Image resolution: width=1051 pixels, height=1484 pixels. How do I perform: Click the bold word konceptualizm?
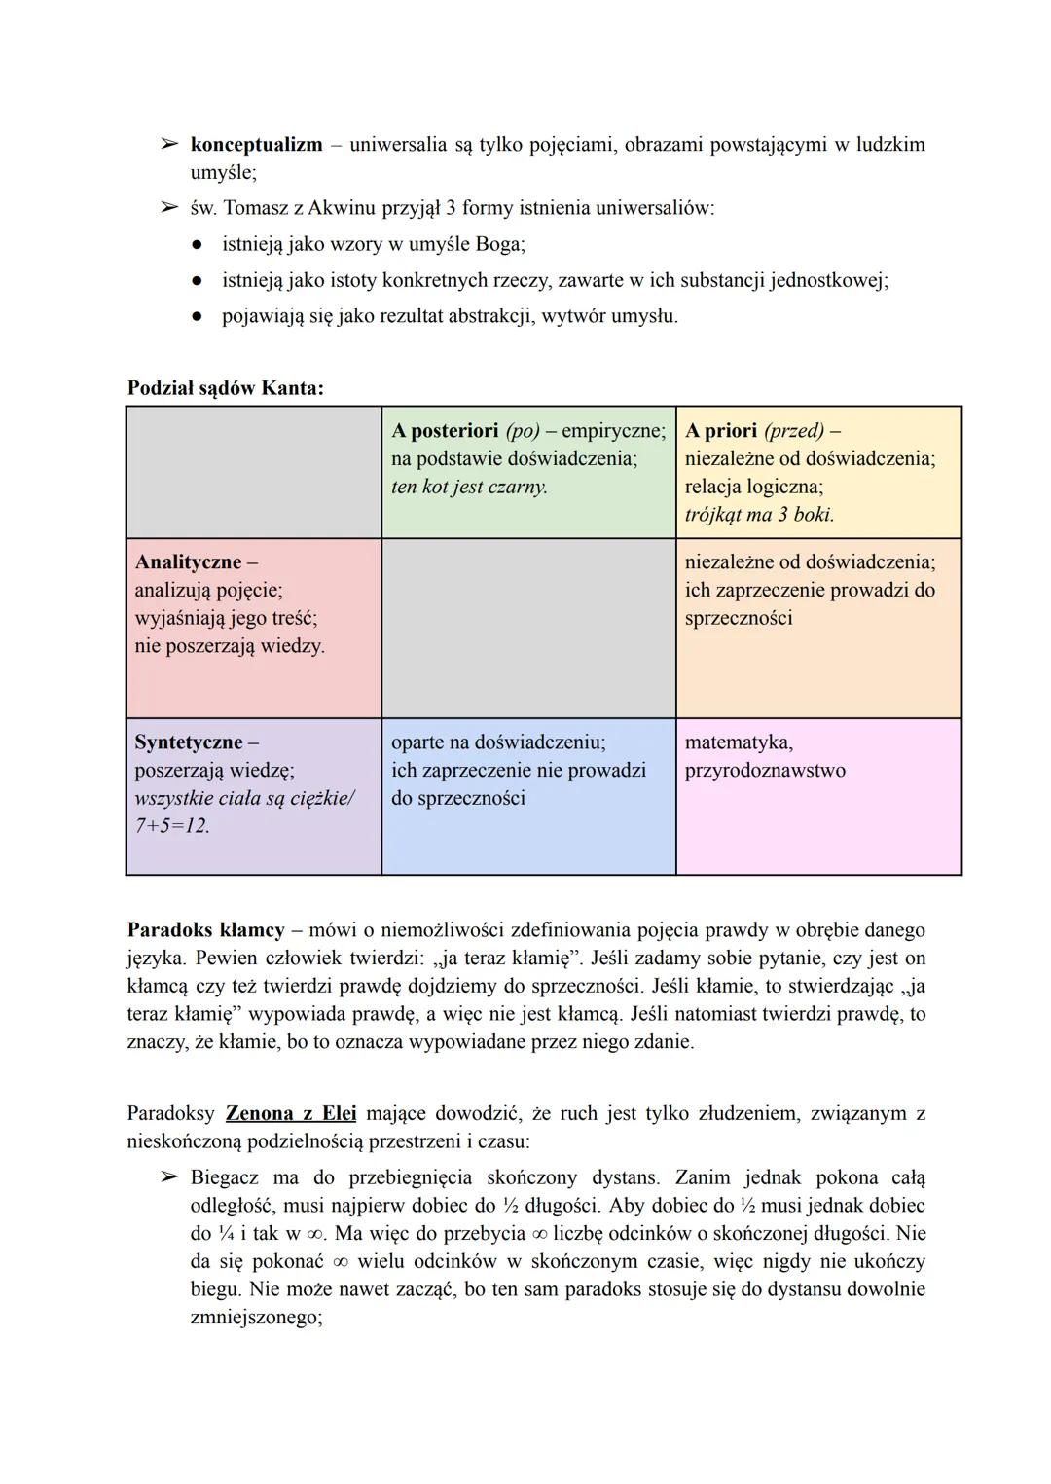click(256, 145)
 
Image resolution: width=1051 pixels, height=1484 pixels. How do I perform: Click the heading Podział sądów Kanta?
click(225, 387)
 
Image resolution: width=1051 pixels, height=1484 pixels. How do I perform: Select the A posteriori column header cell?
click(528, 472)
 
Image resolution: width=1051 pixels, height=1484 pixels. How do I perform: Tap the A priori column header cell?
click(818, 472)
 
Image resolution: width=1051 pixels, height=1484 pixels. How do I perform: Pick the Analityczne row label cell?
click(253, 628)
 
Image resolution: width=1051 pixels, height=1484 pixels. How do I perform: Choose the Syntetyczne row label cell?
click(253, 796)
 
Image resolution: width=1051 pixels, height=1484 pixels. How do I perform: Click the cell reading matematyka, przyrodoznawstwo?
click(818, 796)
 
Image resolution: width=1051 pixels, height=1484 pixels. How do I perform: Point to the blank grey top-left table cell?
click(253, 472)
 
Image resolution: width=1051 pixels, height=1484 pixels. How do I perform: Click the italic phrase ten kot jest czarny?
click(469, 487)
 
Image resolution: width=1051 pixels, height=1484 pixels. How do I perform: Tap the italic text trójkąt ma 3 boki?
click(759, 515)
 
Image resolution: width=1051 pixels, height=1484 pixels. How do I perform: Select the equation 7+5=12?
click(172, 826)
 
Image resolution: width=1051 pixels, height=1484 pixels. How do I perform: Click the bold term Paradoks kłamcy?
click(204, 930)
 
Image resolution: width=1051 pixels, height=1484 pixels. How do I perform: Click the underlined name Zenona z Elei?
click(291, 1113)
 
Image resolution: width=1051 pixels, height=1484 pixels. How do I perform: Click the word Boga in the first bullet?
click(499, 244)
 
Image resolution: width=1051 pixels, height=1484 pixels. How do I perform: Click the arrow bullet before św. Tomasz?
click(169, 208)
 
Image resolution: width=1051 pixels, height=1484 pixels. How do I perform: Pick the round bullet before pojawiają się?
click(197, 316)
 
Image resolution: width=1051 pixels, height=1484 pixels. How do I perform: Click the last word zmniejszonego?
click(254, 1319)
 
